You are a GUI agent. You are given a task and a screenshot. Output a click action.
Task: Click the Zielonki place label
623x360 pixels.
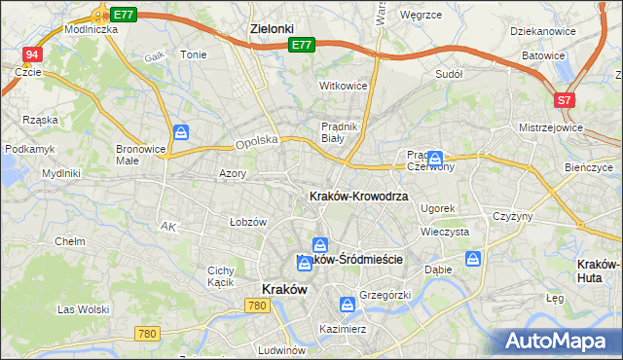[x=272, y=29]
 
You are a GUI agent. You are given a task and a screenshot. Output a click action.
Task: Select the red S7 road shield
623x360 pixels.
[x=565, y=100]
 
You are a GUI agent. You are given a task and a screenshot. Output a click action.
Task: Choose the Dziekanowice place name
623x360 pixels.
[x=542, y=31]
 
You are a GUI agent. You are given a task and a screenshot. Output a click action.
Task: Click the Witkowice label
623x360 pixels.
[x=344, y=86]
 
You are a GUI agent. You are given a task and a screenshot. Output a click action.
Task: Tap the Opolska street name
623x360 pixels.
[x=257, y=142]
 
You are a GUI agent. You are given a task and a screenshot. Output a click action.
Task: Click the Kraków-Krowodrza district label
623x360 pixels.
[x=358, y=196]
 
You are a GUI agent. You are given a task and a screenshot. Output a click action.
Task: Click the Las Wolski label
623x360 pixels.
[x=83, y=309]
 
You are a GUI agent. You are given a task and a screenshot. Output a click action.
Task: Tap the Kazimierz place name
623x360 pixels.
[x=342, y=329]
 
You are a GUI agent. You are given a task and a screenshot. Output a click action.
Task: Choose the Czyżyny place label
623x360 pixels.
[x=513, y=216]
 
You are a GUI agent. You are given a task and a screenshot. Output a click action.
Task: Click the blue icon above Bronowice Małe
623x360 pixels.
[x=181, y=132]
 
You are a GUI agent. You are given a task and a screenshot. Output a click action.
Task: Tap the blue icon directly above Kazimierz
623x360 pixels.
[x=347, y=305]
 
